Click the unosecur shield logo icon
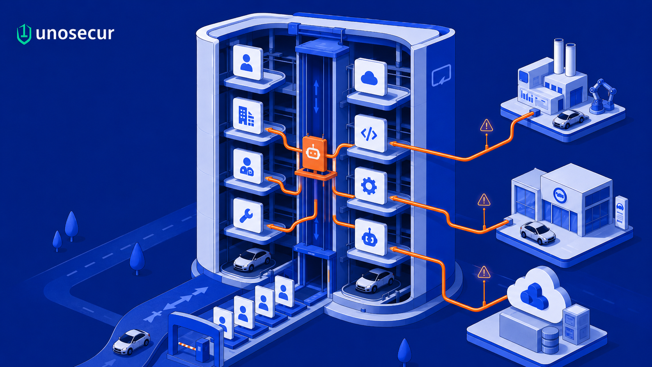pyautogui.click(x=24, y=34)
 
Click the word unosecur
pyautogui.click(x=75, y=34)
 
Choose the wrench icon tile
pyautogui.click(x=248, y=215)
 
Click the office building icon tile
pyautogui.click(x=248, y=115)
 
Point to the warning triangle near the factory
pyautogui.click(x=486, y=126)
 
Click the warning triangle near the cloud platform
pyautogui.click(x=484, y=272)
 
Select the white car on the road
pyautogui.click(x=131, y=342)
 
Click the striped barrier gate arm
pyautogui.click(x=187, y=346)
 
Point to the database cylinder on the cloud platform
pyautogui.click(x=550, y=340)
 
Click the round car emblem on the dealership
pyautogui.click(x=560, y=195)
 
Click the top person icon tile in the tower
pyautogui.click(x=248, y=62)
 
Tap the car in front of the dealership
pyautogui.click(x=538, y=233)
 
